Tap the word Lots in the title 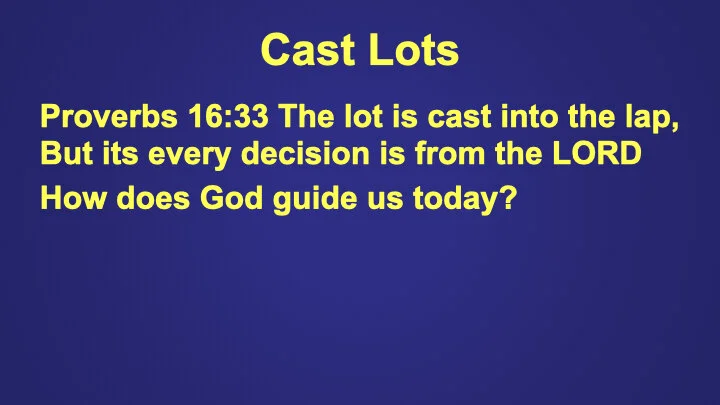tap(410, 50)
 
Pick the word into tap(519, 119)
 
